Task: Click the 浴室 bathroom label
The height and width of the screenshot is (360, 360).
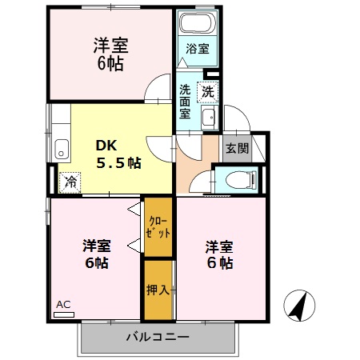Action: [198, 48]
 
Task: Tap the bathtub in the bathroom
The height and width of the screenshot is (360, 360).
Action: [198, 22]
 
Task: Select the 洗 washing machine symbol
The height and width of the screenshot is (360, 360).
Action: [208, 91]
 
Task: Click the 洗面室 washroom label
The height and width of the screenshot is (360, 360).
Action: [186, 101]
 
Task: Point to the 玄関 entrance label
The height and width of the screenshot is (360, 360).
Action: [237, 148]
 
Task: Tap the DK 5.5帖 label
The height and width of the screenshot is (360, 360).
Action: [118, 155]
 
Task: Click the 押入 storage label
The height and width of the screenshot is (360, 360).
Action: [158, 290]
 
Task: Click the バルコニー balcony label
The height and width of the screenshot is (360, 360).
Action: [158, 336]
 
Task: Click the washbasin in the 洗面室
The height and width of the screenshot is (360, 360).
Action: [209, 118]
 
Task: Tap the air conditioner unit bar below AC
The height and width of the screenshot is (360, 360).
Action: [63, 315]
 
